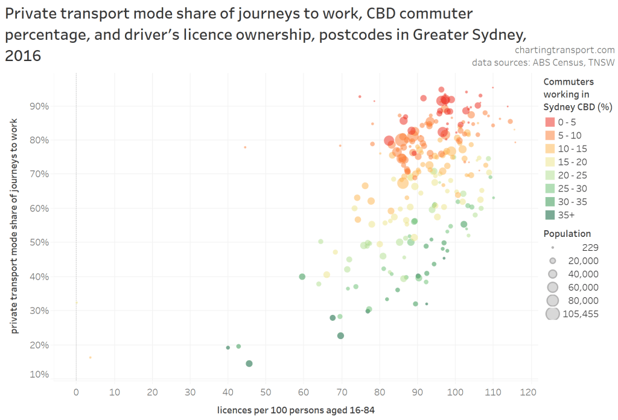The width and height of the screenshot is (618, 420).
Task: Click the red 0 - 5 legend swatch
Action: coord(549,122)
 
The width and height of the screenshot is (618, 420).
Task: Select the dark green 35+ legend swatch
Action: coord(549,215)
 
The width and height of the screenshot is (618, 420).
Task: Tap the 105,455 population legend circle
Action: coord(552,314)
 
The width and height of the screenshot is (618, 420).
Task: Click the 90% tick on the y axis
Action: coord(39,106)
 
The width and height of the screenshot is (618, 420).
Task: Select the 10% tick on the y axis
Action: coord(39,375)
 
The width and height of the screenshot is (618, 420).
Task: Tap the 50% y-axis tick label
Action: coord(39,242)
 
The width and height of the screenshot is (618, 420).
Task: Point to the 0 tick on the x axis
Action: coord(76,392)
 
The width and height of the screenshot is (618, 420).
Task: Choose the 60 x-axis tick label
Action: coord(304,392)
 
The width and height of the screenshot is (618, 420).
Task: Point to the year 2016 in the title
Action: coord(23,56)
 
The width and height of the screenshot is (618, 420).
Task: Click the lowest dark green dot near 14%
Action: coord(249,364)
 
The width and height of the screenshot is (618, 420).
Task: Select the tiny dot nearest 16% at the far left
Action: coord(91,358)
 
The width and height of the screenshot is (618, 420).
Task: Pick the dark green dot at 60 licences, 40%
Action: coord(302,277)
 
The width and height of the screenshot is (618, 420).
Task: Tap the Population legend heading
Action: coord(567,234)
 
